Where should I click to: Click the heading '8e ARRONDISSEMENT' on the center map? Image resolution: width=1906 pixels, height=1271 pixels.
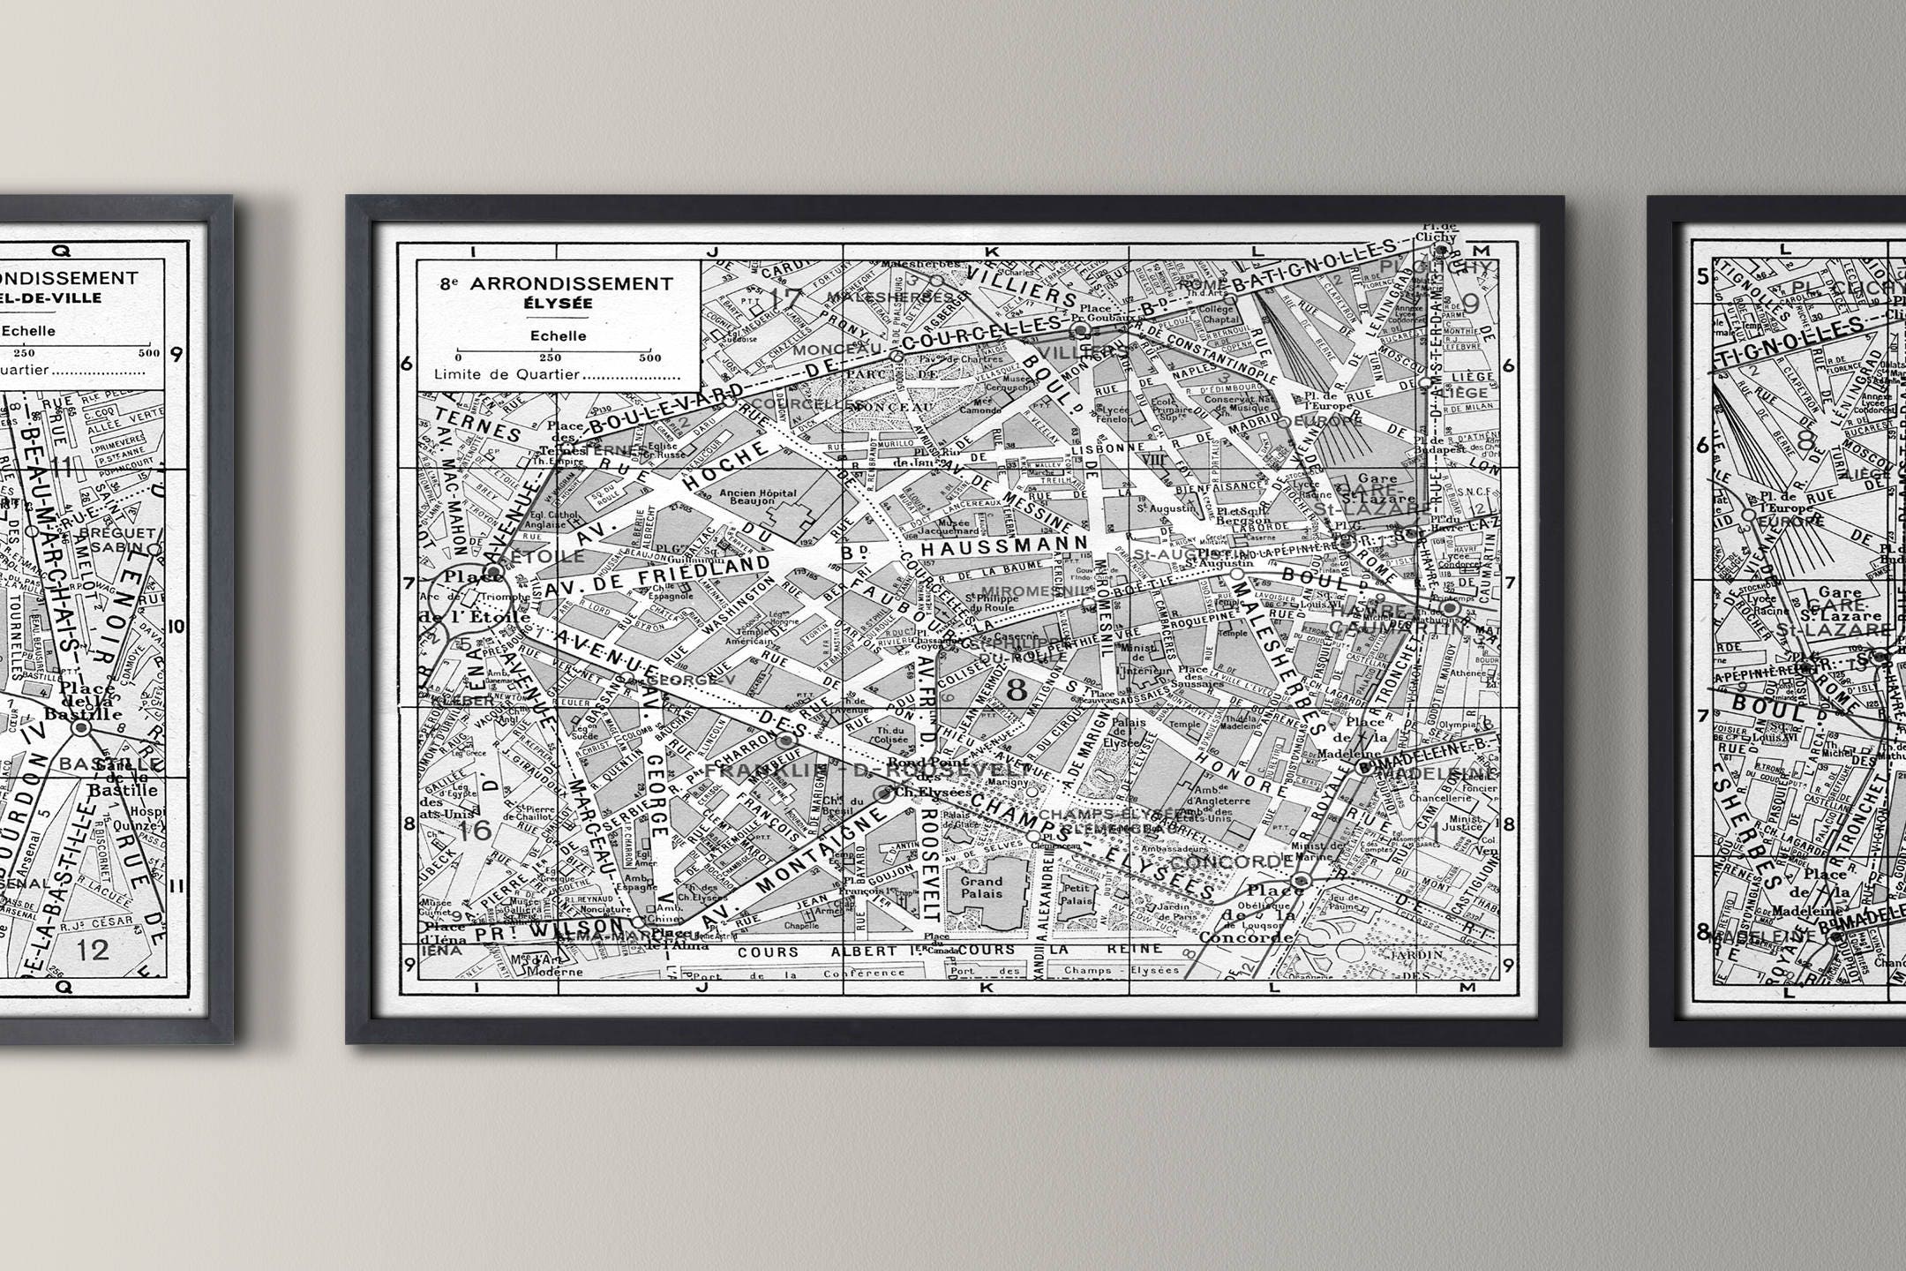(x=557, y=284)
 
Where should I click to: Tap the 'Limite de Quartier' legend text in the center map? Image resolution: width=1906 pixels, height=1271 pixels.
(x=507, y=374)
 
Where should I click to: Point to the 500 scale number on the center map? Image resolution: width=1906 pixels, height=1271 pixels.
(x=650, y=357)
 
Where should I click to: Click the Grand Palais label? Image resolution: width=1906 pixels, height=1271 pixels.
(x=981, y=888)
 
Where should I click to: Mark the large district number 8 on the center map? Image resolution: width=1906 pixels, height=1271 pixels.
(x=1017, y=689)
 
